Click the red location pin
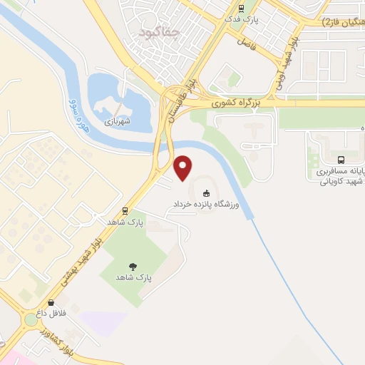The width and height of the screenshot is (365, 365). pos(184,167)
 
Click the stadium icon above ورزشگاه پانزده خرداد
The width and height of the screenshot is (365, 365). pos(207,192)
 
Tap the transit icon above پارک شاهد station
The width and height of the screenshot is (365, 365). pos(125,211)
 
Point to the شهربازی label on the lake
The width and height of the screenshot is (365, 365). pos(118,122)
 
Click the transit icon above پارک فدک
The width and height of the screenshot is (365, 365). pos(242,9)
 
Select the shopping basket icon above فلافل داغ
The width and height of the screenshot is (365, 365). pos(51,302)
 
